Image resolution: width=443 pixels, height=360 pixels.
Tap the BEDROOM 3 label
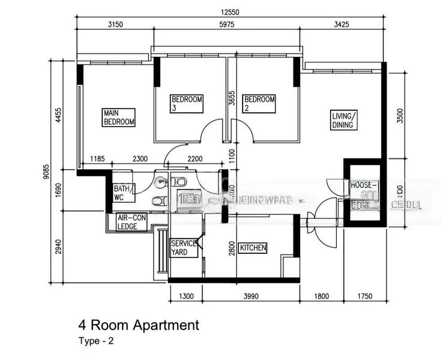point(187,103)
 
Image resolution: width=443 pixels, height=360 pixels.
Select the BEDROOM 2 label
point(259,103)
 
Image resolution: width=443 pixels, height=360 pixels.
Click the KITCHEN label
point(253,248)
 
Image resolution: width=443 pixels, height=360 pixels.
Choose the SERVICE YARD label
point(184,248)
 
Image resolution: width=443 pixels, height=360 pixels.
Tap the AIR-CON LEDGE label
point(131,222)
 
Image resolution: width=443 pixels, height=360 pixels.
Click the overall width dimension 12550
point(231,13)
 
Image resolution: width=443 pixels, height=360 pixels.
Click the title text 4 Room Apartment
point(138,326)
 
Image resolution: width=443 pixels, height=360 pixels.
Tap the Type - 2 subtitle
point(95,341)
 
